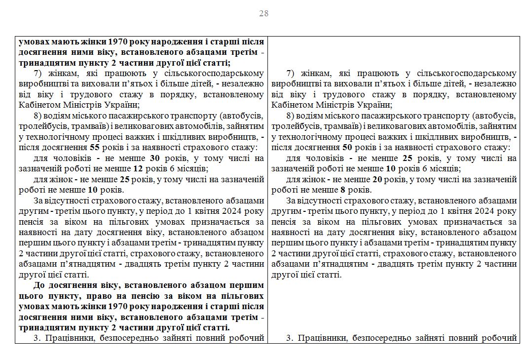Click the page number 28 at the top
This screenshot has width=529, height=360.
[264, 13]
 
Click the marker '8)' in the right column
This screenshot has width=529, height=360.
[291, 116]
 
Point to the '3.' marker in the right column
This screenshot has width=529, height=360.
[290, 338]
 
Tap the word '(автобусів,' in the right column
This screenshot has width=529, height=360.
[494, 116]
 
